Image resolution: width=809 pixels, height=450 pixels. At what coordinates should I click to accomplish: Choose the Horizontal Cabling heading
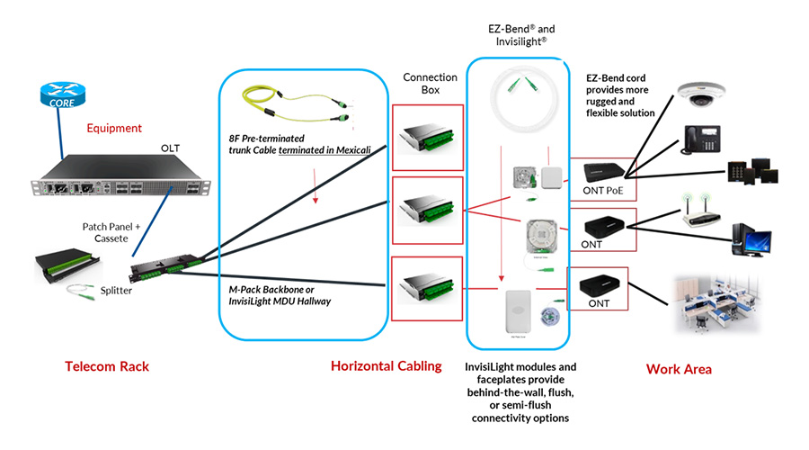(x=386, y=366)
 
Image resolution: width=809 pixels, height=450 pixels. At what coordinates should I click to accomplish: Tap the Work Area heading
(x=680, y=370)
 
